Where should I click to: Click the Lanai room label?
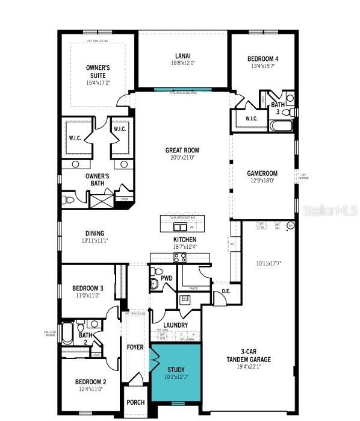click(182, 56)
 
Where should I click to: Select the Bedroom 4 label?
click(263, 58)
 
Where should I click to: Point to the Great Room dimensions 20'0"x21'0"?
click(182, 157)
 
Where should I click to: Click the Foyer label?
click(135, 348)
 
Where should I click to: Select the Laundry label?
click(175, 325)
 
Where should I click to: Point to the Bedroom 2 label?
click(90, 382)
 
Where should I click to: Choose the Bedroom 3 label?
click(88, 288)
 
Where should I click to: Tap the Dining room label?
click(95, 234)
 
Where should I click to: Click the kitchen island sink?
click(179, 227)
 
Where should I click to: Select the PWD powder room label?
click(166, 278)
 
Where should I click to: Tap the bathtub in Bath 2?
click(67, 333)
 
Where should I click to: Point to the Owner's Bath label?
click(88, 179)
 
